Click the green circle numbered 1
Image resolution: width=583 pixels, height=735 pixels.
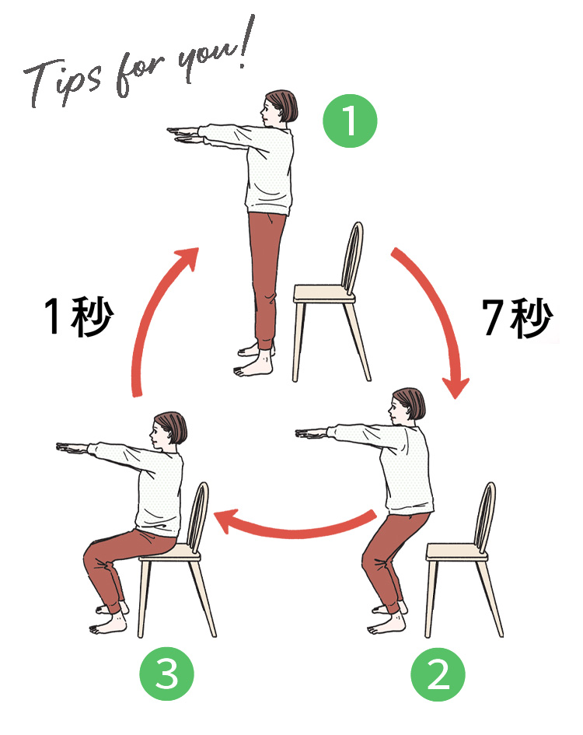(x=350, y=121)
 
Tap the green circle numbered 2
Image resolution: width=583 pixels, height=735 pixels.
(x=438, y=674)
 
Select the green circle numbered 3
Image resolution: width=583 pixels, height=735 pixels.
(x=167, y=674)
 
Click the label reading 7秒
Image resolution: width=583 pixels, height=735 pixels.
(x=518, y=317)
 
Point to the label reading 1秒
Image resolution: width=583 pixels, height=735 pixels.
(x=79, y=317)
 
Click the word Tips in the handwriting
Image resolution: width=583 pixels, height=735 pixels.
(x=62, y=82)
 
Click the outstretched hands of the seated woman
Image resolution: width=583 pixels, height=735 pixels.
(x=72, y=449)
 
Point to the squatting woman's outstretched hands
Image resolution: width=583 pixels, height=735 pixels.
(x=312, y=433)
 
